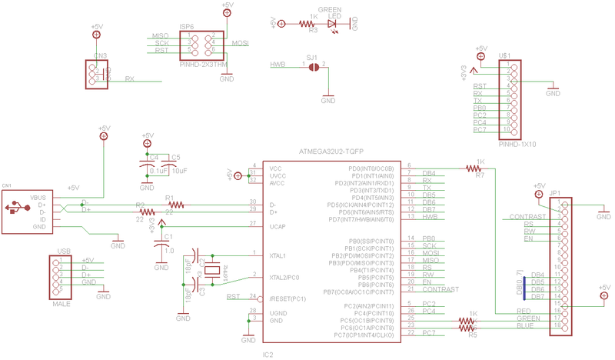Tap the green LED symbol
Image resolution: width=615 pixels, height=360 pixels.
(333, 25)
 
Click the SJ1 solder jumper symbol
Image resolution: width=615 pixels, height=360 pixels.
(314, 67)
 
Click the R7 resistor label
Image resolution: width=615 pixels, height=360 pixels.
(480, 175)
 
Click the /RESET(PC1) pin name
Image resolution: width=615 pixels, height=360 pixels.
(288, 297)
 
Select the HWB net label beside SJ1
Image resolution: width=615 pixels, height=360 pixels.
(278, 65)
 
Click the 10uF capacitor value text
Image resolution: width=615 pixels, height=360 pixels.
(179, 171)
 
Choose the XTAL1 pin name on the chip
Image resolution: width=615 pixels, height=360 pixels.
(278, 255)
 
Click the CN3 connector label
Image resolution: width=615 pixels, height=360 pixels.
(100, 55)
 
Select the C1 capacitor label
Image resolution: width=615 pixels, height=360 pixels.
(169, 236)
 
